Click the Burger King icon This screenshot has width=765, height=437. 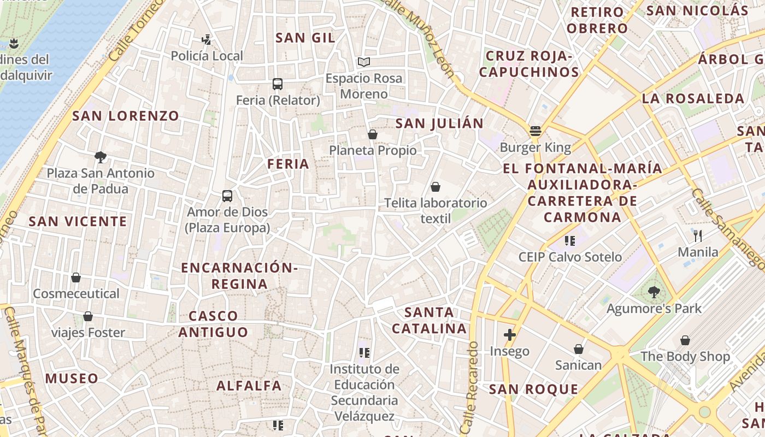(x=535, y=131)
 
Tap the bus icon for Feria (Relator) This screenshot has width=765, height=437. (x=278, y=84)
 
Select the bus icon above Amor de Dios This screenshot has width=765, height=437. (x=227, y=196)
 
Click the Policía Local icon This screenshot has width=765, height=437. (x=206, y=39)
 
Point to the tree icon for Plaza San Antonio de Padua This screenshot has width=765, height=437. (x=100, y=157)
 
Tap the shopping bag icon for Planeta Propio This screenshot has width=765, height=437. (x=373, y=134)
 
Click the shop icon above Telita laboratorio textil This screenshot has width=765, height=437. (x=436, y=187)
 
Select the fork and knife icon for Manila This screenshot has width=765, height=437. (x=698, y=236)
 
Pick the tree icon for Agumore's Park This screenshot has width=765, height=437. (x=654, y=292)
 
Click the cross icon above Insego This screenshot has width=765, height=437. (x=510, y=335)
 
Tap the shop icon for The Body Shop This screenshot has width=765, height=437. (x=685, y=340)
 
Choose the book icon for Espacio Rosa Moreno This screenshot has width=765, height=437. (x=364, y=62)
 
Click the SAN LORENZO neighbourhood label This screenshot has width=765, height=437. (x=126, y=116)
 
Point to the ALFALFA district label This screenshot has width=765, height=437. (x=249, y=386)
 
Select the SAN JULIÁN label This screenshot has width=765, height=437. (x=439, y=123)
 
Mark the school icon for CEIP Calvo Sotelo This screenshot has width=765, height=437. (x=570, y=240)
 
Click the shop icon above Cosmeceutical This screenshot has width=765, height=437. (x=76, y=278)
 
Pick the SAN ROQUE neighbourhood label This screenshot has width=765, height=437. (x=533, y=389)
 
